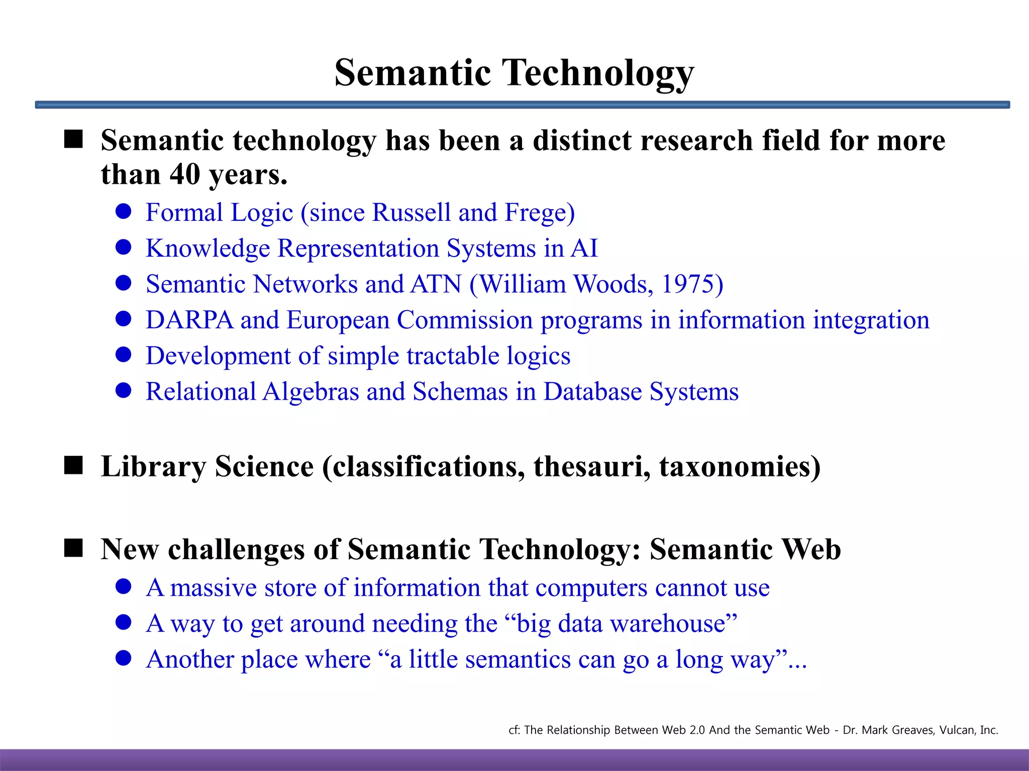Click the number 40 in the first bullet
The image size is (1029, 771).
pos(185,174)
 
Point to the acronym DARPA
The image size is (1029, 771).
pos(189,320)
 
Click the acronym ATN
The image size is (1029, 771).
pos(436,284)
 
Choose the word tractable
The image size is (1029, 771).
pos(453,356)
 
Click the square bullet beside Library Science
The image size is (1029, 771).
pos(73,465)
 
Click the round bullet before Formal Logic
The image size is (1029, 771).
pos(123,211)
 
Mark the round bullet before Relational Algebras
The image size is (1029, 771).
pos(123,391)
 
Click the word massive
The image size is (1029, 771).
pos(214,588)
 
